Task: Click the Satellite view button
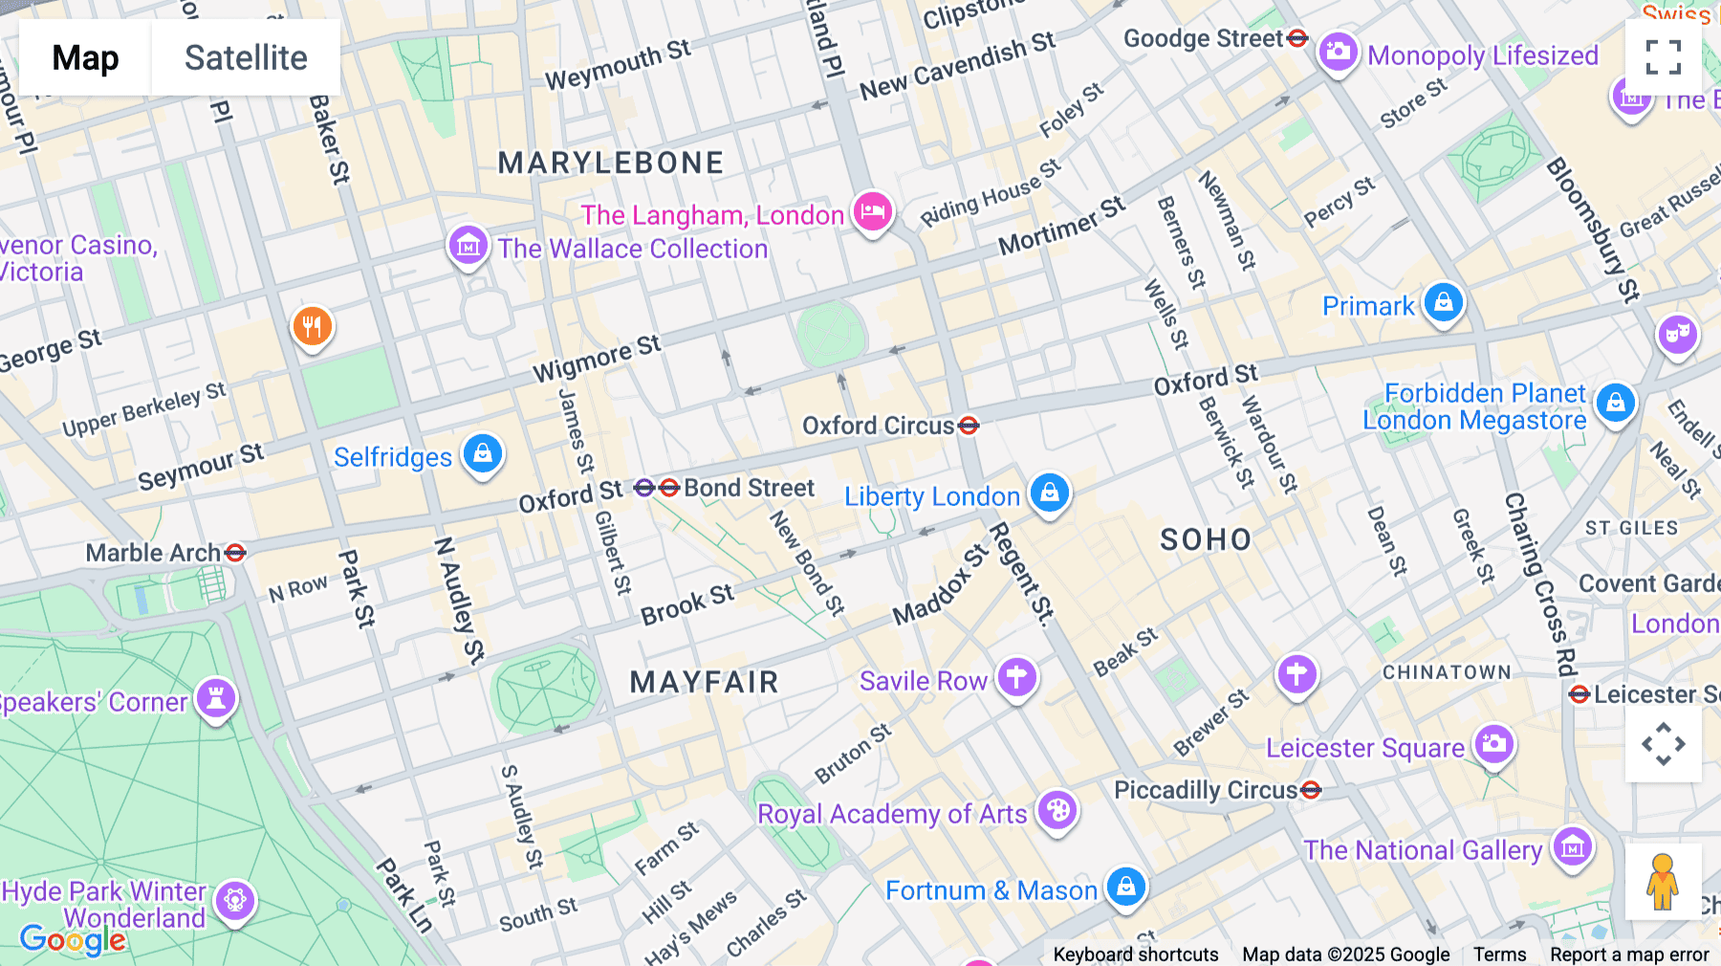pyautogui.click(x=246, y=57)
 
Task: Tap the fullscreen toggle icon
pyautogui.click(x=1663, y=57)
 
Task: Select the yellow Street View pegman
pyautogui.click(x=1663, y=882)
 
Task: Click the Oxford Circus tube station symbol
pyautogui.click(x=969, y=425)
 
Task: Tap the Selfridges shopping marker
pyautogui.click(x=483, y=453)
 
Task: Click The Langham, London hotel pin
pyautogui.click(x=872, y=211)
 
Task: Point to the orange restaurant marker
pyautogui.click(x=312, y=327)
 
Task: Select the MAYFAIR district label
pyautogui.click(x=705, y=682)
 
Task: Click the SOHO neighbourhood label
pyautogui.click(x=1206, y=539)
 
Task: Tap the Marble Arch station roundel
pyautogui.click(x=235, y=553)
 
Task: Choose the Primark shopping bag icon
pyautogui.click(x=1443, y=302)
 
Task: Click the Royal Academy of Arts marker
pyautogui.click(x=1057, y=811)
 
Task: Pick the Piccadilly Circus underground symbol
pyautogui.click(x=1312, y=790)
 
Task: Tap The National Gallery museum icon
pyautogui.click(x=1573, y=846)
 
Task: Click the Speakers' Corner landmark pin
pyautogui.click(x=216, y=698)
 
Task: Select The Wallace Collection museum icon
pyautogui.click(x=468, y=246)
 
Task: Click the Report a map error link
pyautogui.click(x=1629, y=955)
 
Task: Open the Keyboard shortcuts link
pyautogui.click(x=1135, y=955)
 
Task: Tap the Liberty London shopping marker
pyautogui.click(x=1050, y=493)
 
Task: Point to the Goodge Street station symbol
pyautogui.click(x=1297, y=38)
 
